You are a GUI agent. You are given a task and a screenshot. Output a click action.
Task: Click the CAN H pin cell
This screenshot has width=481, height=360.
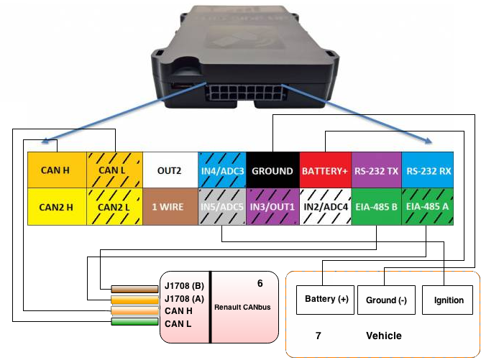click(55, 170)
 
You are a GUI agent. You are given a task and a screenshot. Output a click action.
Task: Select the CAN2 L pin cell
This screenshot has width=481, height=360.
click(114, 206)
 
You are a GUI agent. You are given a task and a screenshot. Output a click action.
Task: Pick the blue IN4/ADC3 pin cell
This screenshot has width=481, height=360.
click(223, 170)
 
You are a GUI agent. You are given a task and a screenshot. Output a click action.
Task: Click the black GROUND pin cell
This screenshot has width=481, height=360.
click(272, 170)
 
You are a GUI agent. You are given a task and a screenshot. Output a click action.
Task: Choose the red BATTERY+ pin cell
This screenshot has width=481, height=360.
click(324, 170)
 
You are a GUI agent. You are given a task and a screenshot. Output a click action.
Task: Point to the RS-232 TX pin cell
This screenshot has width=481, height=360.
click(376, 170)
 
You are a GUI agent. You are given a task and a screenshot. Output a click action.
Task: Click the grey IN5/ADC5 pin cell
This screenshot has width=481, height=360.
click(223, 206)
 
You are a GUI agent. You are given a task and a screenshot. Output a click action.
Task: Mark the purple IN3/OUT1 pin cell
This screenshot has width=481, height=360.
click(272, 206)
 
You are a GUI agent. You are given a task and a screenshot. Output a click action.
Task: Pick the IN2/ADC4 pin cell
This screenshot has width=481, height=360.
click(324, 206)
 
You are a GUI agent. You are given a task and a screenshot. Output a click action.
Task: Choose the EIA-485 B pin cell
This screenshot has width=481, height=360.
click(376, 206)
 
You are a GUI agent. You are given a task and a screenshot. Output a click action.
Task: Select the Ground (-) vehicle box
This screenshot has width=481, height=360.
click(387, 300)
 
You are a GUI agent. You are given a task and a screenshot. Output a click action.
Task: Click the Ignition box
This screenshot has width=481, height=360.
click(446, 300)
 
